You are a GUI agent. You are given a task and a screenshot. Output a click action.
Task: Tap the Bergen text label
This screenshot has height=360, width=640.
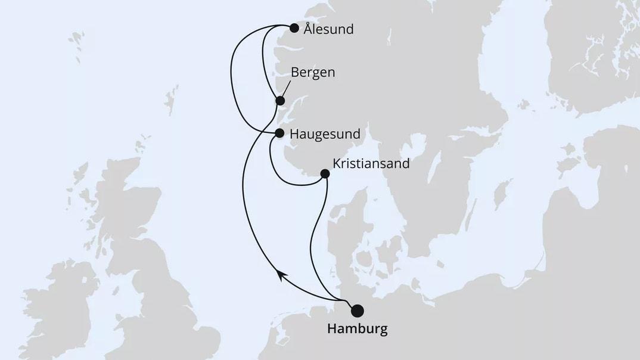pyautogui.click(x=313, y=72)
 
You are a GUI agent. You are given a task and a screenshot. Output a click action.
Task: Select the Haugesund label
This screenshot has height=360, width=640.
pyautogui.click(x=325, y=134)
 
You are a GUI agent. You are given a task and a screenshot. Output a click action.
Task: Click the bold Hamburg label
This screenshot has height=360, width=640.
pyautogui.click(x=357, y=329)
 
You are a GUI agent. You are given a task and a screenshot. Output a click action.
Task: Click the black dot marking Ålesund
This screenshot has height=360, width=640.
pyautogui.click(x=293, y=27)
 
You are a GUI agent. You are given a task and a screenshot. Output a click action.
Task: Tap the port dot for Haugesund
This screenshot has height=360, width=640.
pyautogui.click(x=279, y=134)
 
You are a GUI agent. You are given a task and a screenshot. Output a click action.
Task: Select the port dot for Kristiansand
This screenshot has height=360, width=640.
pyautogui.click(x=325, y=174)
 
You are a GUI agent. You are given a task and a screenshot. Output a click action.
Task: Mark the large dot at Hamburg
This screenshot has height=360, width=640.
pyautogui.click(x=357, y=310)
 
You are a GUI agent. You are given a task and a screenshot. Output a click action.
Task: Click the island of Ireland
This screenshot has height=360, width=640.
pyautogui.click(x=57, y=298)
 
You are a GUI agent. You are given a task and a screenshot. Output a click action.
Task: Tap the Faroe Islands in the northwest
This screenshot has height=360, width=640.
pyautogui.click(x=76, y=41)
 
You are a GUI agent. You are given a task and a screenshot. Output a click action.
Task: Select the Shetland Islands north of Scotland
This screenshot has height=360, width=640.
pyautogui.click(x=171, y=98)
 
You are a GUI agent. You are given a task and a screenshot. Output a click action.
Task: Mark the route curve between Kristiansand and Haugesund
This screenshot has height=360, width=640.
pyautogui.click(x=280, y=173)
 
